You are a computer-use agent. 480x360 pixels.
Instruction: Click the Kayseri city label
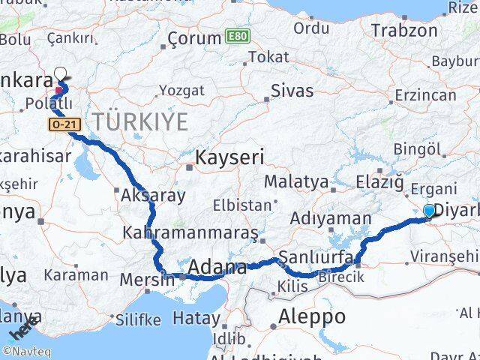pyautogui.click(x=229, y=157)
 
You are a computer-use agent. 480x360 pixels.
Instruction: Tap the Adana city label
pyautogui.click(x=217, y=267)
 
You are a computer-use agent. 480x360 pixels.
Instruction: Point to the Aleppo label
pyautogui.click(x=311, y=316)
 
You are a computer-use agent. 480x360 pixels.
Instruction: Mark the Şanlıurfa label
pyautogui.click(x=316, y=258)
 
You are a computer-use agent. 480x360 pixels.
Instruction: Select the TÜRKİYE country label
pyautogui.click(x=140, y=121)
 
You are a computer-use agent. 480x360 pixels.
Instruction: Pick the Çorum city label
pyautogui.click(x=193, y=37)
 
